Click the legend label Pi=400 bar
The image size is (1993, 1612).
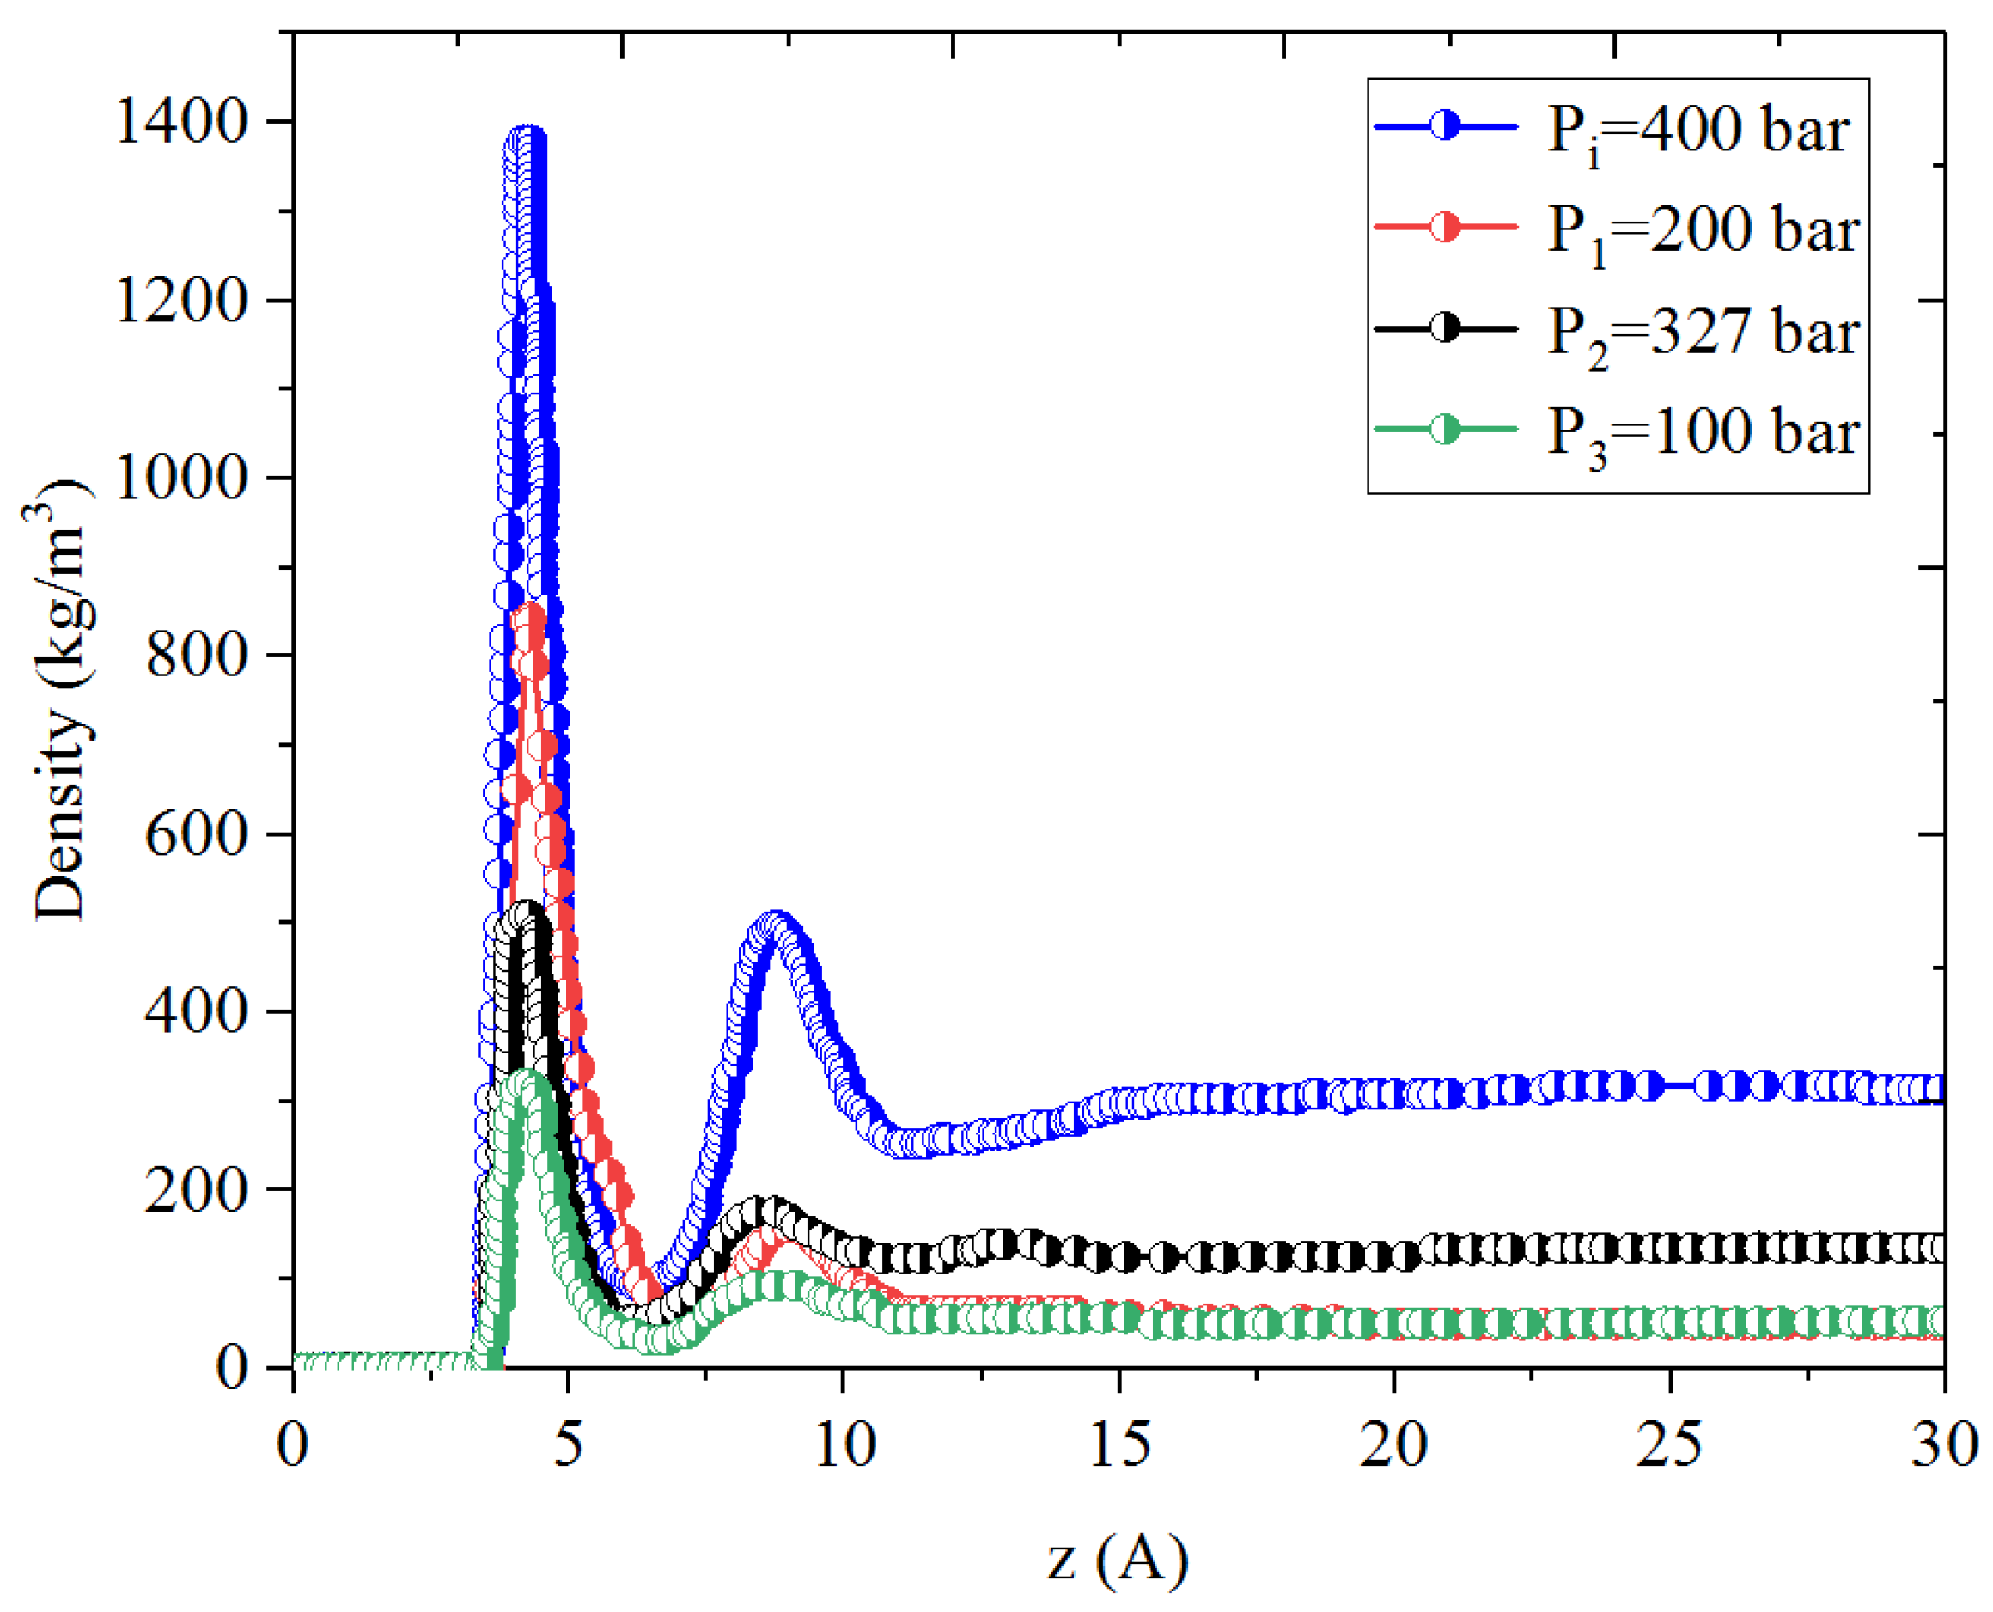(x=1697, y=131)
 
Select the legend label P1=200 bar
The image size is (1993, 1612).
(x=1703, y=231)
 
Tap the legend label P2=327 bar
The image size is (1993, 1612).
(x=1703, y=333)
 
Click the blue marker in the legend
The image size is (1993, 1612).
(x=1445, y=125)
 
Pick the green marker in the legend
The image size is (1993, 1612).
(x=1445, y=429)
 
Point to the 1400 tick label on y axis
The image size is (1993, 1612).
(x=182, y=122)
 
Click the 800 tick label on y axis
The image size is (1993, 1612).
(x=198, y=656)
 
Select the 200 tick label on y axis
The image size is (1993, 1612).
(x=198, y=1189)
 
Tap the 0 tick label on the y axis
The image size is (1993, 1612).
(x=232, y=1368)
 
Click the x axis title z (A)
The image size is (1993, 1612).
(x=1118, y=1558)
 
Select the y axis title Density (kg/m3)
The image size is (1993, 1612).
(x=60, y=701)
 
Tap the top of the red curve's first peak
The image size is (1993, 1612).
(x=530, y=614)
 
